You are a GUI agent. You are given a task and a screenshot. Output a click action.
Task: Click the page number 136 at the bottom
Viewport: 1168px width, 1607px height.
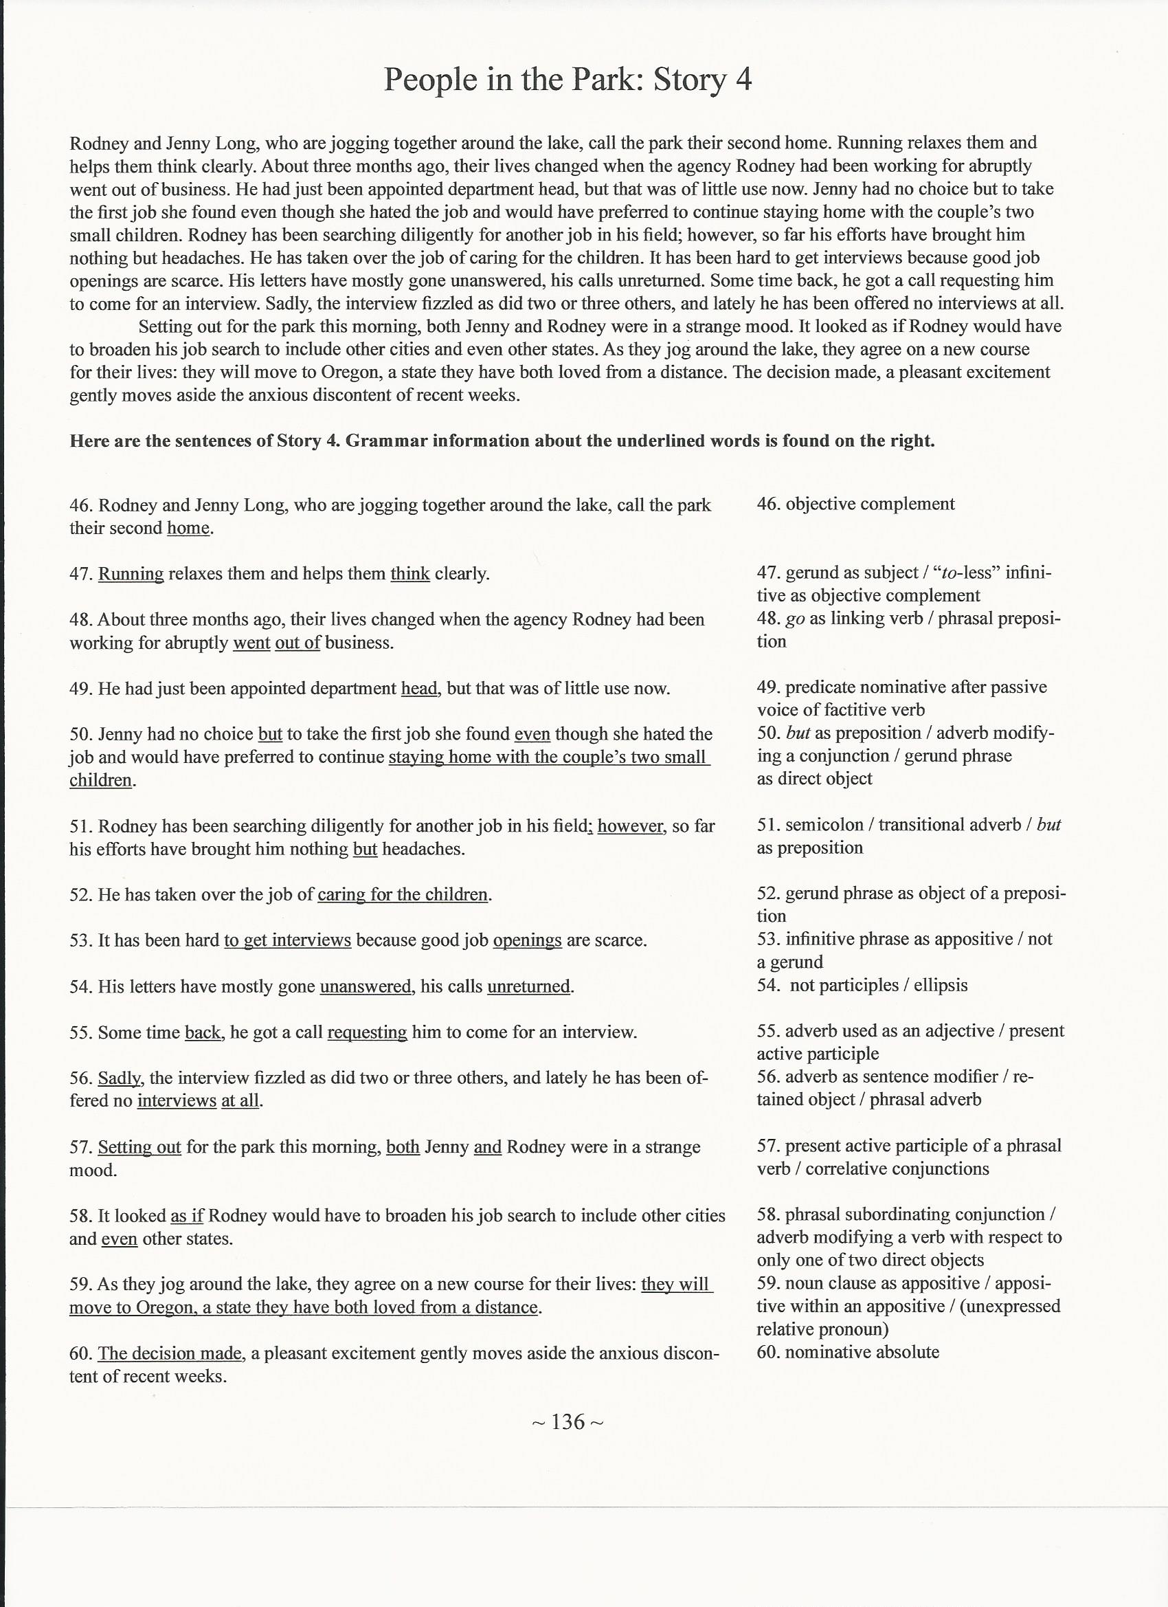[568, 1421]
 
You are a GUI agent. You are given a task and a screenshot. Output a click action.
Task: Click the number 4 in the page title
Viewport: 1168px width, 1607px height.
[742, 79]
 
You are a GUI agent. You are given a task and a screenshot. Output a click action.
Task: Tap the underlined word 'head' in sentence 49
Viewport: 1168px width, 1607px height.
[419, 688]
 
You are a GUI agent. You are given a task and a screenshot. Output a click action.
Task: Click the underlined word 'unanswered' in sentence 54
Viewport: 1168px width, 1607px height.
[366, 986]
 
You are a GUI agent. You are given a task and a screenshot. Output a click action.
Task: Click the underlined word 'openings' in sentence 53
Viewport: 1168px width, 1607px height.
[527, 940]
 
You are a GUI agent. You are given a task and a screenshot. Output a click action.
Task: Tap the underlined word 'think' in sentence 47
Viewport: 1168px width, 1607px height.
[410, 573]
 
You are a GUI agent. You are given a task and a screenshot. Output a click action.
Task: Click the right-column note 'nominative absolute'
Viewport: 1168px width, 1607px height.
[862, 1352]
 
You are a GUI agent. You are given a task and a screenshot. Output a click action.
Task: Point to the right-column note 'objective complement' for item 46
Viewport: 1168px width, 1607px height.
[870, 504]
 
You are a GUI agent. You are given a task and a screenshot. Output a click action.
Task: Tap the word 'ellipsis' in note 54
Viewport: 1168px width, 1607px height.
[941, 985]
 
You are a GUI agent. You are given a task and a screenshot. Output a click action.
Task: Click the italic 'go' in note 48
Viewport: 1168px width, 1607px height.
[796, 619]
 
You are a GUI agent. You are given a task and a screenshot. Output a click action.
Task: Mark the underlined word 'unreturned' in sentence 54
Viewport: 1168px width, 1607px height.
[528, 986]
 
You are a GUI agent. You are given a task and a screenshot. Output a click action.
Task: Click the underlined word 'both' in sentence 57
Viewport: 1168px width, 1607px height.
[403, 1146]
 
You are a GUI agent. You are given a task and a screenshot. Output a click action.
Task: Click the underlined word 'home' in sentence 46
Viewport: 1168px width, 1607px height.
[188, 528]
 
